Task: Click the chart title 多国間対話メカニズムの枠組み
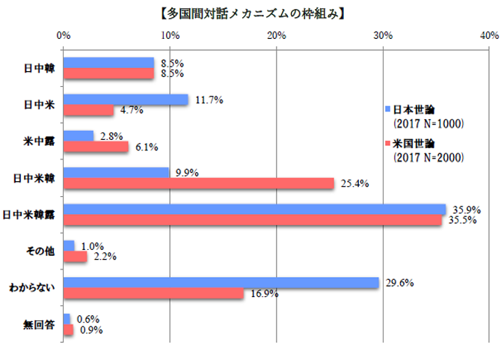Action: (x=250, y=12)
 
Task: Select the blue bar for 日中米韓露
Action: (x=254, y=209)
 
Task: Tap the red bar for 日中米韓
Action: (x=199, y=183)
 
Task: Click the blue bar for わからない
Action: (x=221, y=282)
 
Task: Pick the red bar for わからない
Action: (x=153, y=293)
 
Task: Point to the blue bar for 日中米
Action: (x=126, y=99)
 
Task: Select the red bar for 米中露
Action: (x=96, y=147)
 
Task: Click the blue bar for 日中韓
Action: (x=108, y=63)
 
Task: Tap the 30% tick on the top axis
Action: (x=383, y=34)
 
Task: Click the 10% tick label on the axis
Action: (x=170, y=34)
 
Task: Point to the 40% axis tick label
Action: (x=489, y=34)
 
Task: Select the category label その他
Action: (x=40, y=251)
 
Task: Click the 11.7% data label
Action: (x=206, y=99)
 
